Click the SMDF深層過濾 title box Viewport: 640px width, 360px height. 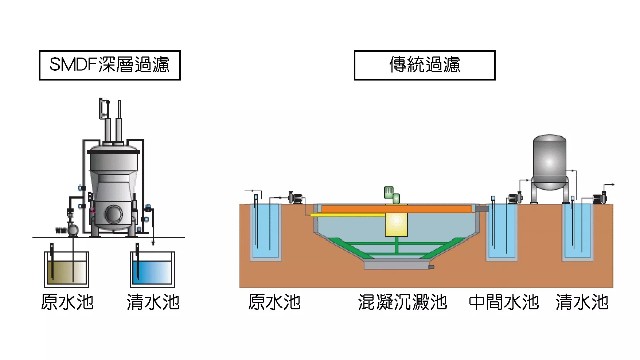[110, 65]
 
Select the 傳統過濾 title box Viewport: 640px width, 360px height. [425, 65]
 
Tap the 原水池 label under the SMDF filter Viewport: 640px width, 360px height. [67, 302]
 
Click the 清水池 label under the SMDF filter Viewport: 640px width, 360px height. [153, 302]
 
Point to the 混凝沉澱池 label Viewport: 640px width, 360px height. [402, 302]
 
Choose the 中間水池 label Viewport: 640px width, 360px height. [504, 302]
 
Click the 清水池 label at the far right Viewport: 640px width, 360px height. [582, 302]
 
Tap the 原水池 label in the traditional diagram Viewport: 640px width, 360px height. [274, 302]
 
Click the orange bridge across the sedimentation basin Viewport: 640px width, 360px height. [396, 209]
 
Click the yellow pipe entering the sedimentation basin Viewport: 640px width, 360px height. [346, 215]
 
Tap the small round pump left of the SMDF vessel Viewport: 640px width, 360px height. [73, 230]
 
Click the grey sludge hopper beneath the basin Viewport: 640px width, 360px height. [397, 265]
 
